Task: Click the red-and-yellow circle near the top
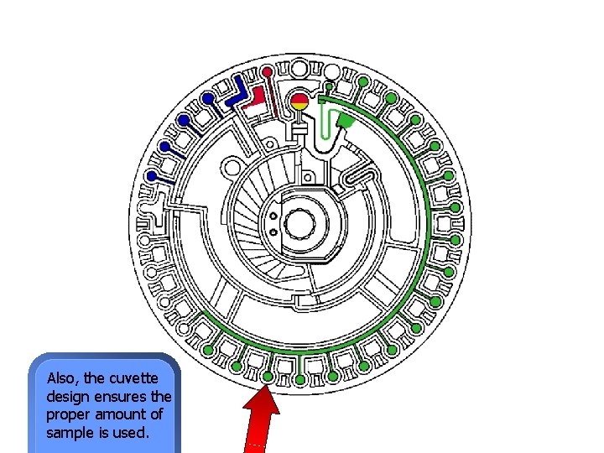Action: point(299,103)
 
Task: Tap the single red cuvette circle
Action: point(267,70)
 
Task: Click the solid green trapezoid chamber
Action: point(344,122)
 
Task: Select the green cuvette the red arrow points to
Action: point(268,377)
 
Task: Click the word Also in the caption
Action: point(61,377)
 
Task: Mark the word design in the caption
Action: point(67,396)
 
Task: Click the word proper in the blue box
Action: point(67,414)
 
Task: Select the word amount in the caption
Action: point(123,414)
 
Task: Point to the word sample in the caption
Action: point(69,433)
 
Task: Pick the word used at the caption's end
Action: point(131,433)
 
